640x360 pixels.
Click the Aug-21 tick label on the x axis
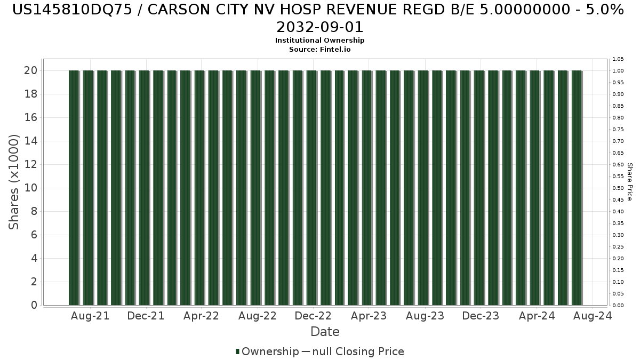(x=90, y=316)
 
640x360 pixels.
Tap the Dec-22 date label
(x=313, y=316)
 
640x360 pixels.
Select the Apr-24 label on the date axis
(x=537, y=316)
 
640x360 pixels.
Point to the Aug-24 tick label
(x=593, y=316)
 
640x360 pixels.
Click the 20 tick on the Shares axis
(x=30, y=70)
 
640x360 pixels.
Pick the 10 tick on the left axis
(x=30, y=188)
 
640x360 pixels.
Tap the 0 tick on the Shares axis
(x=34, y=305)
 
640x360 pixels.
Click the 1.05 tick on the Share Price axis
(x=618, y=59)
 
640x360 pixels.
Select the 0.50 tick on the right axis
(x=618, y=188)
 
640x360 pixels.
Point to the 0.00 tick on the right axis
(x=618, y=305)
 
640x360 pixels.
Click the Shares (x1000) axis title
(x=13, y=182)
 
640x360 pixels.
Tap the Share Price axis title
(x=629, y=182)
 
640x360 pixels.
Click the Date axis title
(x=325, y=332)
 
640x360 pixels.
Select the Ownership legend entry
(x=267, y=351)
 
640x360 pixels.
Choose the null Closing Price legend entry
(x=353, y=351)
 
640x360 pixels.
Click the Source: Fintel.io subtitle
(x=319, y=50)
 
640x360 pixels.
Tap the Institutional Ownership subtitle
(x=319, y=41)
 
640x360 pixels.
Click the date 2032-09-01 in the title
(x=319, y=27)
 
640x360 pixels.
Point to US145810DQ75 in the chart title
(x=73, y=10)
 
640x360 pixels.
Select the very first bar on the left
(x=74, y=188)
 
